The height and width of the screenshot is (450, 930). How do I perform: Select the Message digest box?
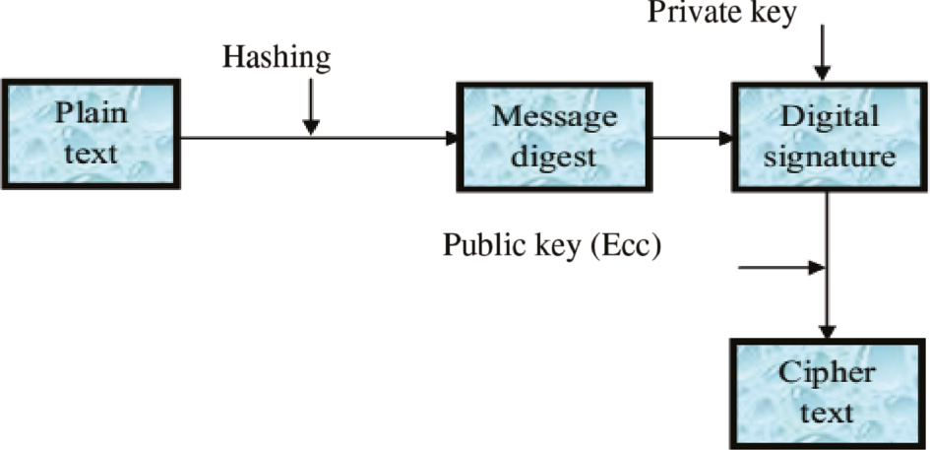click(554, 136)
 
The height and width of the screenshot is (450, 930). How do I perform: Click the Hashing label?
click(277, 57)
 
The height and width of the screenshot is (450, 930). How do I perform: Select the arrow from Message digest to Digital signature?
click(689, 137)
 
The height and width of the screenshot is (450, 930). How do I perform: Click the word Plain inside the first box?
click(91, 112)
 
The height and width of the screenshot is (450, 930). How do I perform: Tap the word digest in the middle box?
click(554, 156)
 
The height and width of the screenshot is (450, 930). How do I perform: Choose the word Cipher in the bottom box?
click(828, 372)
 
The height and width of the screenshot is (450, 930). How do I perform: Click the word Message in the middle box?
click(554, 115)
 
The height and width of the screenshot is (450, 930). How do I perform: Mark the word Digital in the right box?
click(829, 115)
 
